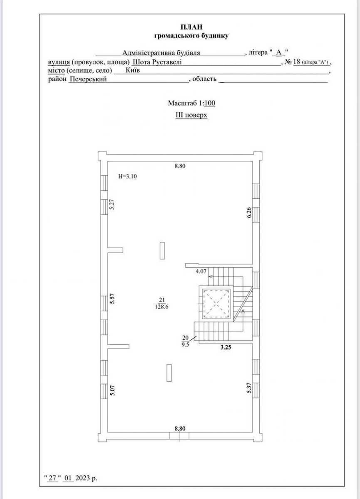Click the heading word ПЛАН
[191, 27]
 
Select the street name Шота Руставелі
[157, 62]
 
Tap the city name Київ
[133, 70]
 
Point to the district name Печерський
[88, 79]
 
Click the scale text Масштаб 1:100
[191, 103]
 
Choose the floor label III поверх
[191, 115]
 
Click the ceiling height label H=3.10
[127, 176]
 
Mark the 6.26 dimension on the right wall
[249, 212]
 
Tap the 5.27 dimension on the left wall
[112, 204]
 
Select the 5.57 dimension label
[112, 299]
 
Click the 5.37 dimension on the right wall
[249, 388]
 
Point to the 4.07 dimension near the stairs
[201, 271]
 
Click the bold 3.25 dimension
[226, 347]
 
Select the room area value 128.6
[161, 307]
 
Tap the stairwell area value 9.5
[186, 346]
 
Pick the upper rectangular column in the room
[162, 251]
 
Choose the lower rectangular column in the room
[169, 373]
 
